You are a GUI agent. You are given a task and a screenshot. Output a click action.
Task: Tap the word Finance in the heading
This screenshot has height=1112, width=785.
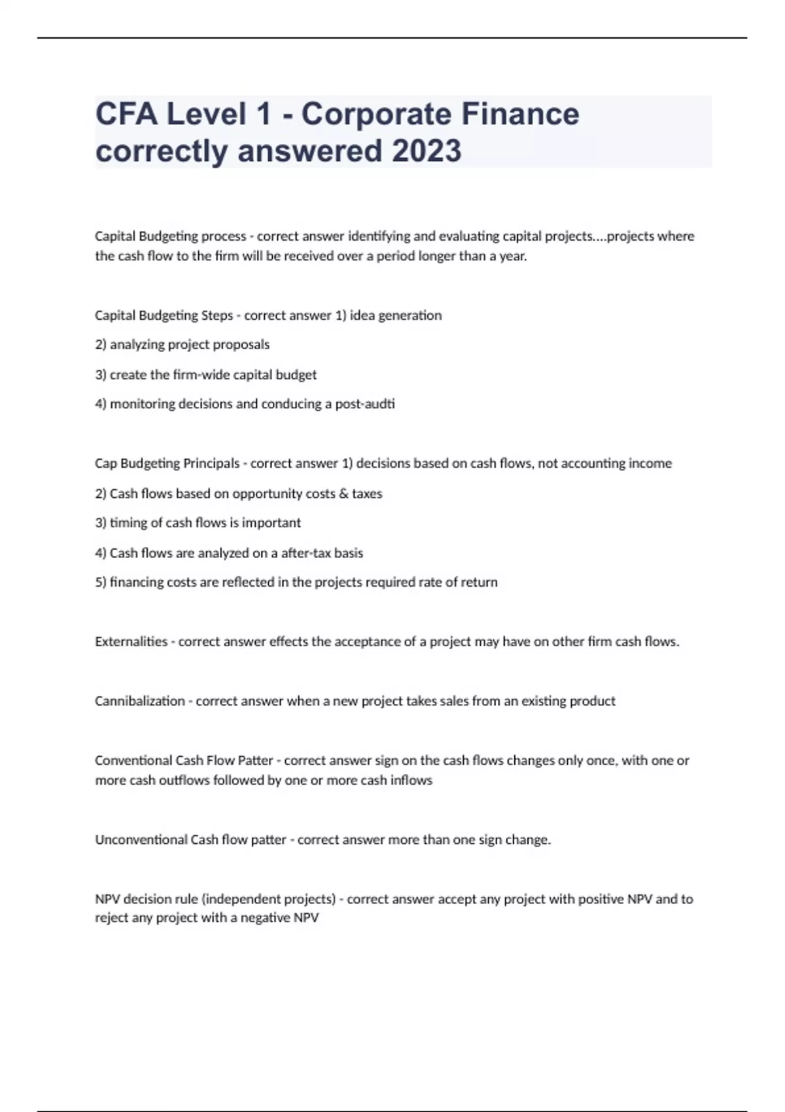[x=520, y=114]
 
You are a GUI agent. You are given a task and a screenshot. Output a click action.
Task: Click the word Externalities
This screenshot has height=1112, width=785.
[x=131, y=642]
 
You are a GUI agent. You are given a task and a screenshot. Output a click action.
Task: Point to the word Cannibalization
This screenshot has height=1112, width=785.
[x=139, y=701]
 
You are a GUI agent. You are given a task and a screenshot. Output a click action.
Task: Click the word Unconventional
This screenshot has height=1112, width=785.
[x=141, y=840]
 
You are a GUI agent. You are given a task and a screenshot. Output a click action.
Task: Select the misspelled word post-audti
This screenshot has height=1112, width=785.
[x=364, y=404]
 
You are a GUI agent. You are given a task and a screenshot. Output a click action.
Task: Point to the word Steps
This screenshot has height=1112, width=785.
[x=217, y=316]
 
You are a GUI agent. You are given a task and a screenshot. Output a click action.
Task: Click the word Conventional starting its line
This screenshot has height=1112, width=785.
[x=133, y=761]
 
